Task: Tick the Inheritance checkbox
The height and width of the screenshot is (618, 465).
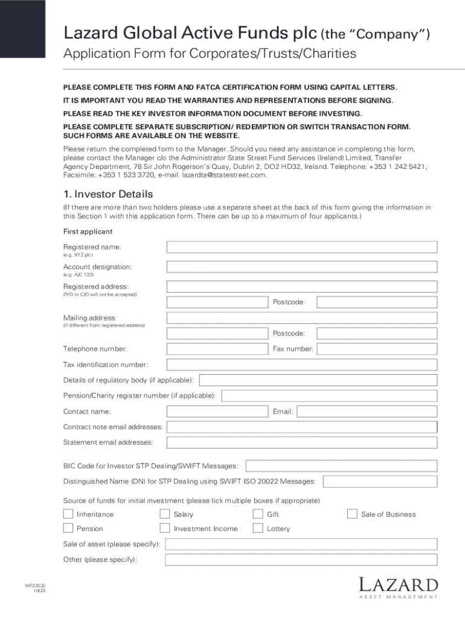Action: pos(68,514)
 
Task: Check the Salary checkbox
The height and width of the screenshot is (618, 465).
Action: pos(164,514)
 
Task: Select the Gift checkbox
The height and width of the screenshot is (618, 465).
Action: pos(258,514)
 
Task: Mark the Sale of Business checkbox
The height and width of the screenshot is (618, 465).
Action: pos(352,514)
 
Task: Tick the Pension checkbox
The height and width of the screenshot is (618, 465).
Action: pos(68,529)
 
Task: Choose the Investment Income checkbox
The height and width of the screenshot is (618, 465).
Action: pos(164,529)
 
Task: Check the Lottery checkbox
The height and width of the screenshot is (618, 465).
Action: pos(258,529)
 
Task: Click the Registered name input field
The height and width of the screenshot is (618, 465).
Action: pos(302,247)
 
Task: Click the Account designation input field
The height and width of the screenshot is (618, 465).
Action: pos(302,267)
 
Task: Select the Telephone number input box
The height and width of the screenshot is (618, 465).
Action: pos(217,349)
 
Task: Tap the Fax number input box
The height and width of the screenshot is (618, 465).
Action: pos(377,349)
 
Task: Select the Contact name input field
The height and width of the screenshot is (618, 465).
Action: pos(217,412)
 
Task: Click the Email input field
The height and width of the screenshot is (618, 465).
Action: pos(367,412)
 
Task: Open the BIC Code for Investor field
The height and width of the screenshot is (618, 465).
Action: pos(341,466)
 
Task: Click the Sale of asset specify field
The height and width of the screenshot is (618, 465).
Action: pos(301,544)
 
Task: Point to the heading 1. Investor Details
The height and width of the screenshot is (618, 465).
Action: pos(108,194)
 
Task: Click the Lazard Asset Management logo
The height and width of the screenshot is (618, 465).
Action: pos(398,588)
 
